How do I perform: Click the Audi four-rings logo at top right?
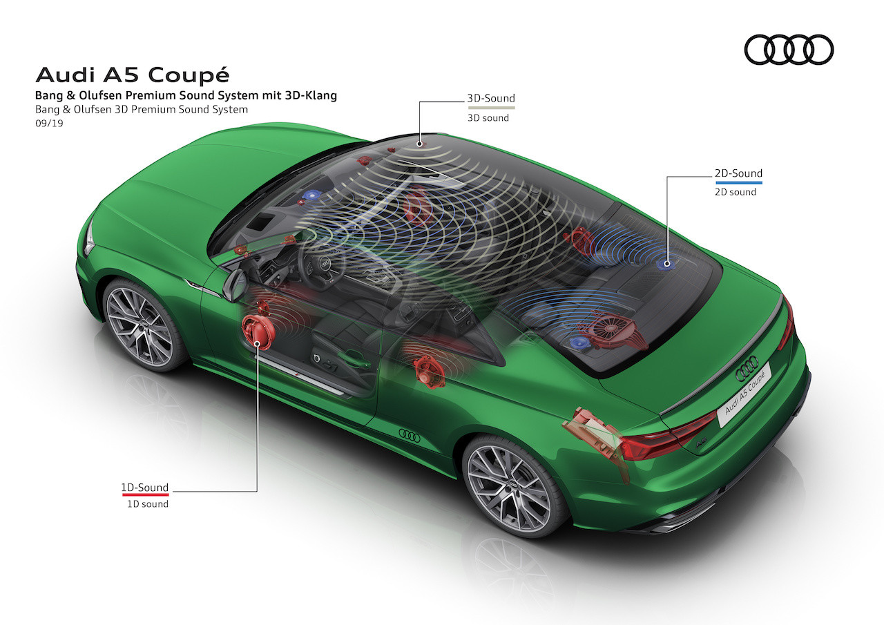click(789, 50)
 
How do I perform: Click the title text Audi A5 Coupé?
click(133, 75)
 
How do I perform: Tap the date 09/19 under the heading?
click(49, 123)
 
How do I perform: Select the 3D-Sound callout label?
click(491, 98)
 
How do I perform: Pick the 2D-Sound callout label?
click(738, 173)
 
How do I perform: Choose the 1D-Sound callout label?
click(145, 488)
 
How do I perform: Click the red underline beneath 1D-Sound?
click(145, 494)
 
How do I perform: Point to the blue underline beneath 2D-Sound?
click(739, 183)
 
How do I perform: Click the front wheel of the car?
click(142, 325)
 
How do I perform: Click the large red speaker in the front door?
click(258, 332)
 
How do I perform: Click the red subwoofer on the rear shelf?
click(611, 329)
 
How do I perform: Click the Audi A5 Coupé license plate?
click(744, 395)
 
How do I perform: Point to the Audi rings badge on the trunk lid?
click(747, 369)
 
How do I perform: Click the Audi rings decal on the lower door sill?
click(410, 435)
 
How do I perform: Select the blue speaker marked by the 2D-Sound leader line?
click(666, 264)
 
